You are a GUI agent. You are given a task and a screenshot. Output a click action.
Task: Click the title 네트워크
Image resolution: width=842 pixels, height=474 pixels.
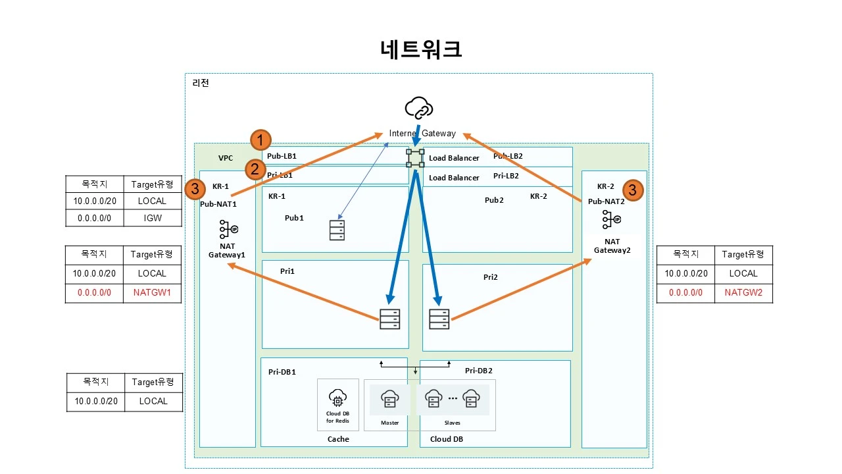pyautogui.click(x=421, y=50)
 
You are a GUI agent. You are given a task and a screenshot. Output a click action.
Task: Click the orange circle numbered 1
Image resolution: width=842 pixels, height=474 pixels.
pyautogui.click(x=261, y=140)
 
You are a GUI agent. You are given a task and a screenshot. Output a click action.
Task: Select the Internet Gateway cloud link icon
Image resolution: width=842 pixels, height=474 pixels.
pyautogui.click(x=419, y=107)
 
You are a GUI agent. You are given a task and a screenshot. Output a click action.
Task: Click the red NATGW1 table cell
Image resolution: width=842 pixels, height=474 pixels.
pyautogui.click(x=152, y=293)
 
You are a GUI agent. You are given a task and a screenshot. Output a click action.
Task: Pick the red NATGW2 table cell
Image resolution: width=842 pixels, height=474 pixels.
pyautogui.click(x=743, y=293)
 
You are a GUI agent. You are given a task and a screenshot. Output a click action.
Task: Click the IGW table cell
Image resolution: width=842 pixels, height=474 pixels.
pyautogui.click(x=152, y=217)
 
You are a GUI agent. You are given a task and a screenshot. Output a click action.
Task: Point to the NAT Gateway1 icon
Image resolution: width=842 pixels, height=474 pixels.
pyautogui.click(x=228, y=229)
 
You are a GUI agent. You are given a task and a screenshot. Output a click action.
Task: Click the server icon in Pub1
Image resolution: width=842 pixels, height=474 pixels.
pyautogui.click(x=337, y=230)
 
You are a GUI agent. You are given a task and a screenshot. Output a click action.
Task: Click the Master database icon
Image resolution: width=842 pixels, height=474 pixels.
pyautogui.click(x=389, y=398)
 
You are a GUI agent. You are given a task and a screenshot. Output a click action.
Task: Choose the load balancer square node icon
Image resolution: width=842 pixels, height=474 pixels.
pyautogui.click(x=415, y=159)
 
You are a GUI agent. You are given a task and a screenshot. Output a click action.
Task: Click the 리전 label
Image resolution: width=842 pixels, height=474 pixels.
pyautogui.click(x=201, y=83)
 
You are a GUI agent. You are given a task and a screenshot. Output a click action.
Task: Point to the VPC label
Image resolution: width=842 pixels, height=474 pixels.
pyautogui.click(x=226, y=158)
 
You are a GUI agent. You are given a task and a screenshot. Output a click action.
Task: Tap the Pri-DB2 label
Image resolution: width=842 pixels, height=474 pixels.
pyautogui.click(x=478, y=371)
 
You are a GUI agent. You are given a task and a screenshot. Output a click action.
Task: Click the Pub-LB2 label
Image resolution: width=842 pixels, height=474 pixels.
pyautogui.click(x=508, y=156)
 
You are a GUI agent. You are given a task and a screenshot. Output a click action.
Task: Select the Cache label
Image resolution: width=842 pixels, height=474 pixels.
pyautogui.click(x=338, y=439)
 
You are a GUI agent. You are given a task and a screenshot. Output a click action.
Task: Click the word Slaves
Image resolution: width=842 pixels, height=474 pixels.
pyautogui.click(x=453, y=423)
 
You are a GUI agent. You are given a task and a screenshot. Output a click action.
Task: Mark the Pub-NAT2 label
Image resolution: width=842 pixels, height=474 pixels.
pyautogui.click(x=606, y=201)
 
